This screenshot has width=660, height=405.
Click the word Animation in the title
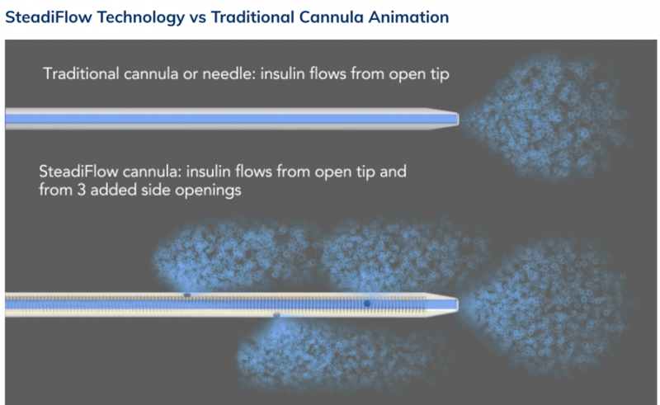click(408, 17)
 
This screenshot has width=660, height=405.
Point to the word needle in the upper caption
click(229, 73)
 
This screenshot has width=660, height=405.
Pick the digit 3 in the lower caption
click(81, 191)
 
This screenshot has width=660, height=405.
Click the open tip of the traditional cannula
click(458, 119)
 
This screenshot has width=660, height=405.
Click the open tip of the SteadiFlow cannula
click(458, 304)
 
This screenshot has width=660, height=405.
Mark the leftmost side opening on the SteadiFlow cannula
click(187, 294)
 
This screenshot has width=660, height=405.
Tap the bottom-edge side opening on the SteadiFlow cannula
click(276, 314)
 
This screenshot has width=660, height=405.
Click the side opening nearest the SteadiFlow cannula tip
click(367, 303)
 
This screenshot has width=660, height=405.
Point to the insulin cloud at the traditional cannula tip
click(547, 118)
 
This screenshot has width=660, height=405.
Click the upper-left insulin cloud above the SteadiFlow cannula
click(232, 255)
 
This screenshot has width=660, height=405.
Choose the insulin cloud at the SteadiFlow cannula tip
click(547, 305)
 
